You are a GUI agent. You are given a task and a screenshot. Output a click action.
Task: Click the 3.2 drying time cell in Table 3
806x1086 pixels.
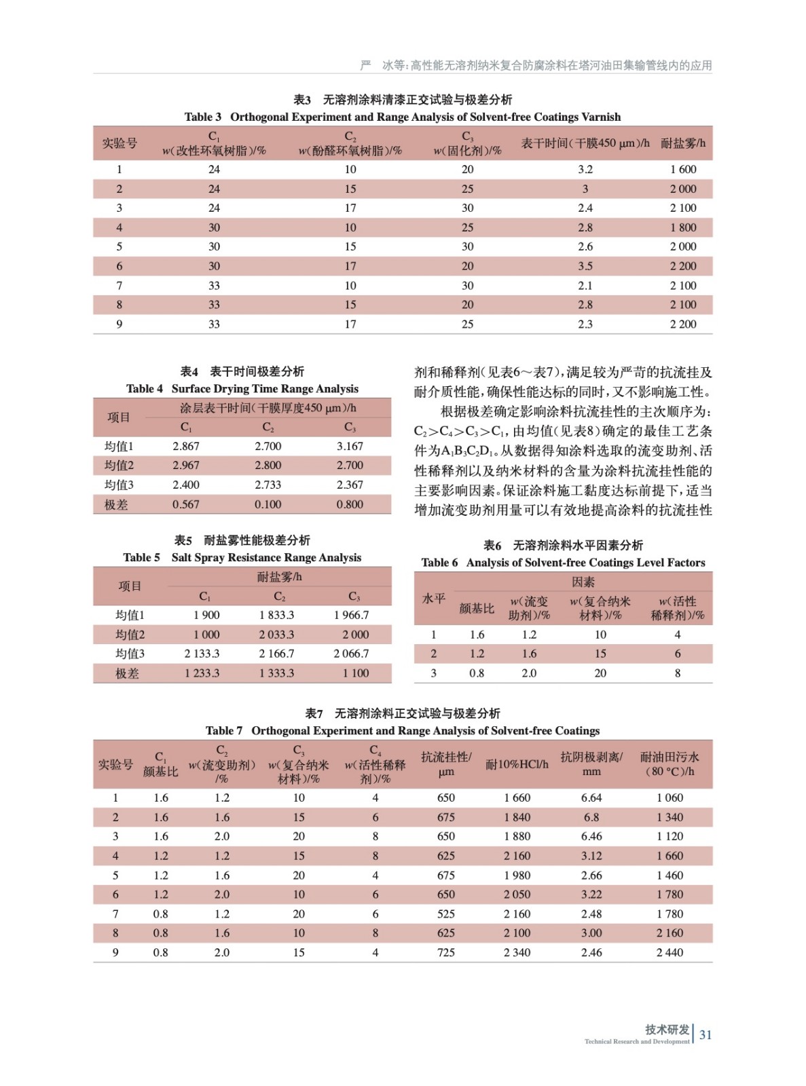(x=585, y=170)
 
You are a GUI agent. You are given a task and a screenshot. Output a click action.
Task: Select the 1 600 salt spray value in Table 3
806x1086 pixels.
(x=682, y=170)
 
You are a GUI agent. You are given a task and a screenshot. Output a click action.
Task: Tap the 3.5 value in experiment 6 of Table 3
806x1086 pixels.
(x=585, y=266)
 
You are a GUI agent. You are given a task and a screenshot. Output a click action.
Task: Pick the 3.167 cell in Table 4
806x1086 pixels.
(x=350, y=446)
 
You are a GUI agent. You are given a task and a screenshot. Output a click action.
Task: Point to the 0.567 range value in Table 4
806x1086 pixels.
(x=185, y=504)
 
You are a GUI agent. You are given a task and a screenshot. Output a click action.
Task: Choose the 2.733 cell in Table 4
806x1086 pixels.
(x=268, y=485)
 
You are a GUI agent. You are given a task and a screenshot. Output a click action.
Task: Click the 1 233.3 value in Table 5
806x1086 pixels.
(x=202, y=673)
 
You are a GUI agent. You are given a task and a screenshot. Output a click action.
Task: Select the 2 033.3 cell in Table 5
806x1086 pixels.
(x=276, y=635)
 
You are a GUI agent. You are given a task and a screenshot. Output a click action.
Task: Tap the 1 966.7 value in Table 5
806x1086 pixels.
(x=351, y=615)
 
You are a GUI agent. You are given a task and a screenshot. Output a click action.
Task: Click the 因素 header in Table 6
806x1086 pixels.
(x=583, y=582)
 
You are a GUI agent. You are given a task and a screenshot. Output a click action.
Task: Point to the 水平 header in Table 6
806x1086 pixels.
(x=434, y=599)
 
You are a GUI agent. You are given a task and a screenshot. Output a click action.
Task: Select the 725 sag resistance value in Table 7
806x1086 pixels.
(x=446, y=952)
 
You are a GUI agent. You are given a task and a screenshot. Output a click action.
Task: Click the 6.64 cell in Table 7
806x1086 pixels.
(x=591, y=798)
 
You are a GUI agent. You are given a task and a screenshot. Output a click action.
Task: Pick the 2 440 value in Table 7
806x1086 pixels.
(x=670, y=952)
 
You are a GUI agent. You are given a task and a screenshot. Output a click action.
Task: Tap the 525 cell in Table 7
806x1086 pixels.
(x=446, y=914)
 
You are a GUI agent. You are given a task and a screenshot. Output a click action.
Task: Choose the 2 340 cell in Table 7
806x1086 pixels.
(x=517, y=952)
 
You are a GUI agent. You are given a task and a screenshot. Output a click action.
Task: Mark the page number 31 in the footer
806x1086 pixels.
(x=706, y=1034)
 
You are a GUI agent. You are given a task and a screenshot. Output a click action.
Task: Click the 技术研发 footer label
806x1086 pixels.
(x=667, y=1029)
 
